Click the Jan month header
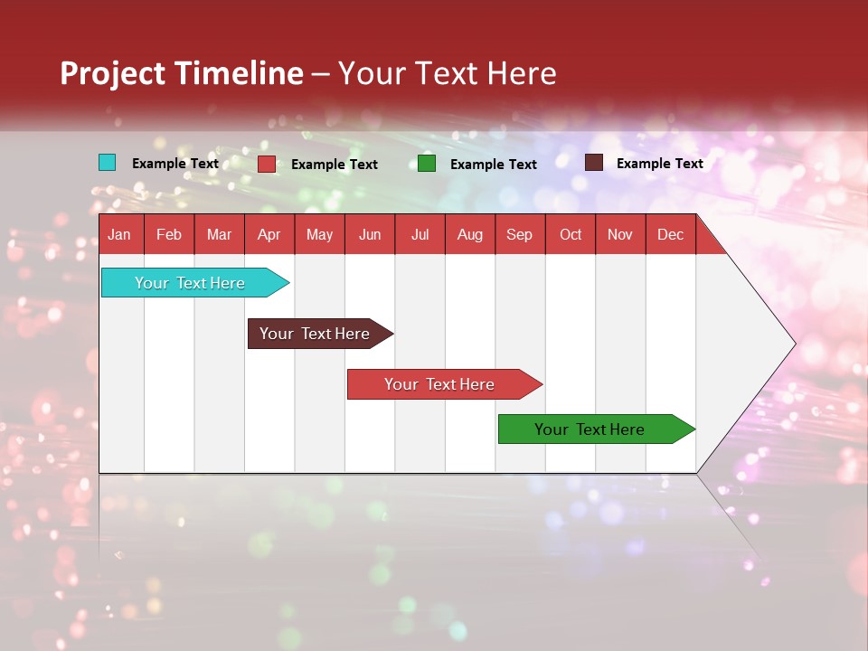[119, 234]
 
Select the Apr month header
[269, 234]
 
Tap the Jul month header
[420, 234]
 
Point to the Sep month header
[519, 234]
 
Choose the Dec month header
[670, 234]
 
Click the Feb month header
[169, 234]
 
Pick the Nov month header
[619, 234]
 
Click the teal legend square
[107, 163]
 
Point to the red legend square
[267, 164]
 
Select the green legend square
[427, 164]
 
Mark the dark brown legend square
[594, 163]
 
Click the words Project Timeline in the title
[182, 73]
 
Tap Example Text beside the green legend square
[494, 165]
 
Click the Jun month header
[369, 234]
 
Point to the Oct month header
[571, 234]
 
